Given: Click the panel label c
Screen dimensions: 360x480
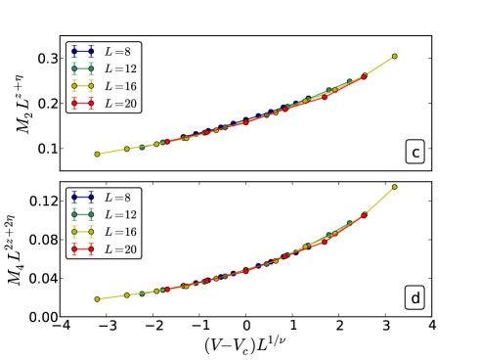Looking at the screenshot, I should pyautogui.click(x=415, y=152).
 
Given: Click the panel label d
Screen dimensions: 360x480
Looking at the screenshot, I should pyautogui.click(x=415, y=298).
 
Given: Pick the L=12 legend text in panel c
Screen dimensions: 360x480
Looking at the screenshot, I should pyautogui.click(x=124, y=68).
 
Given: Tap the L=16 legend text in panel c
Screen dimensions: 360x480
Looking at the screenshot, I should pyautogui.click(x=124, y=86).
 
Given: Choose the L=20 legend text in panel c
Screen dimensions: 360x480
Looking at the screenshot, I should pyautogui.click(x=124, y=104).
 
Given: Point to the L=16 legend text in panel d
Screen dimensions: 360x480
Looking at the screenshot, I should pyautogui.click(x=124, y=233).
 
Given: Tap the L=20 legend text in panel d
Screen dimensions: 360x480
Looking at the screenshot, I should pyautogui.click(x=124, y=250).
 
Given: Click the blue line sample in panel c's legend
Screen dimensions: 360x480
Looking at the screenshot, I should pyautogui.click(x=82, y=51).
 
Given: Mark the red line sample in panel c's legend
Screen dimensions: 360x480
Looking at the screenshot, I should pyautogui.click(x=82, y=104).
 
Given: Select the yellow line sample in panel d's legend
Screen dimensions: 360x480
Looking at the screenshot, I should pyautogui.click(x=82, y=233).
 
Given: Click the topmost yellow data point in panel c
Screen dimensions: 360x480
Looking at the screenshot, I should pyautogui.click(x=394, y=56).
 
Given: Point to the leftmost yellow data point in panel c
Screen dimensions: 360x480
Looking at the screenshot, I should pyautogui.click(x=97, y=154).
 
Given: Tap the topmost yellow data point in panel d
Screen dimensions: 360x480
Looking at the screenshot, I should pyautogui.click(x=394, y=186).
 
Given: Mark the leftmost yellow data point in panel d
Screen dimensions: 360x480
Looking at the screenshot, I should pyautogui.click(x=97, y=298).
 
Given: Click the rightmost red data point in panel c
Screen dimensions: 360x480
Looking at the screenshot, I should pyautogui.click(x=364, y=75).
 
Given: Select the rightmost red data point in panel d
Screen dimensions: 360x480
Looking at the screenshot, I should pyautogui.click(x=364, y=214).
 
